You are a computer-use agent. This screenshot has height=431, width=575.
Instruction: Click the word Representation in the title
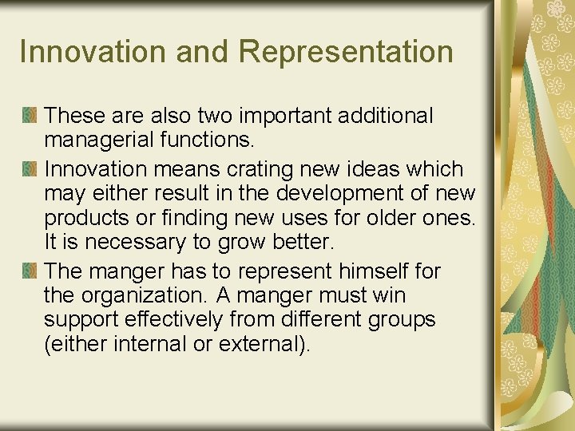(x=345, y=52)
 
